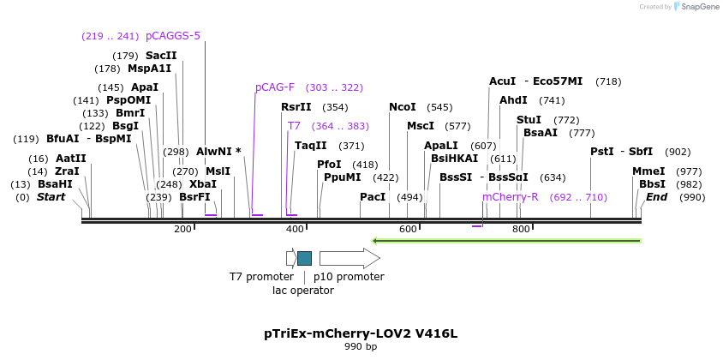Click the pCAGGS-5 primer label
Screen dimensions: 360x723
click(x=172, y=36)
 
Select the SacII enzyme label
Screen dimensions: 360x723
click(x=161, y=56)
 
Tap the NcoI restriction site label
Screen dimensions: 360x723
click(x=402, y=107)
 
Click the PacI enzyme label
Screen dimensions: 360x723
click(x=373, y=197)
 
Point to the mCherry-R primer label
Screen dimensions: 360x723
click(x=510, y=197)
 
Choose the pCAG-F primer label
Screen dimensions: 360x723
click(x=274, y=87)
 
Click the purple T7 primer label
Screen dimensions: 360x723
click(x=294, y=126)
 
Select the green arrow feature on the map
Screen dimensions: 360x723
click(x=506, y=241)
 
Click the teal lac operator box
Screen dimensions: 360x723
click(x=304, y=258)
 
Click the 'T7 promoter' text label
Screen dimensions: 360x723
click(x=261, y=277)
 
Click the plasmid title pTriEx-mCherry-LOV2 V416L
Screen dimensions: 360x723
click(x=361, y=333)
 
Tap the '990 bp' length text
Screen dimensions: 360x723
click(x=361, y=347)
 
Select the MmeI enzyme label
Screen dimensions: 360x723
click(x=648, y=171)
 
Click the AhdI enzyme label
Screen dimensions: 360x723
click(x=513, y=100)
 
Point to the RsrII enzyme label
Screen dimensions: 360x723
click(x=296, y=107)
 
